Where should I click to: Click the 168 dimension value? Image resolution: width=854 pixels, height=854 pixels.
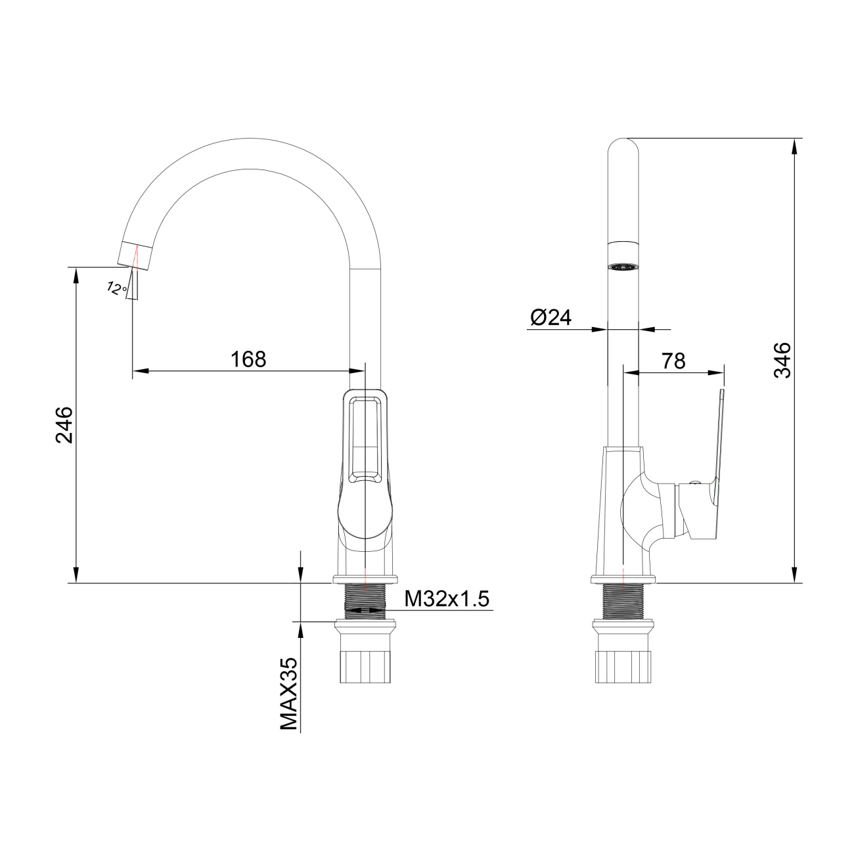(x=248, y=359)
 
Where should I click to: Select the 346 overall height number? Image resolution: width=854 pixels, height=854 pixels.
(x=782, y=360)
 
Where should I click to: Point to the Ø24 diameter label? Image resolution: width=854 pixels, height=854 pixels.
(x=551, y=317)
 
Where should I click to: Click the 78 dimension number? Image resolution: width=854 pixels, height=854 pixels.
(x=673, y=361)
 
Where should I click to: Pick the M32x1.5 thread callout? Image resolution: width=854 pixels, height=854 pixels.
(x=447, y=598)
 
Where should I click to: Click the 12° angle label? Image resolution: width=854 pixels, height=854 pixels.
(x=116, y=288)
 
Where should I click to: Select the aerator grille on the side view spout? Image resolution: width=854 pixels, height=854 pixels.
(x=623, y=267)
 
